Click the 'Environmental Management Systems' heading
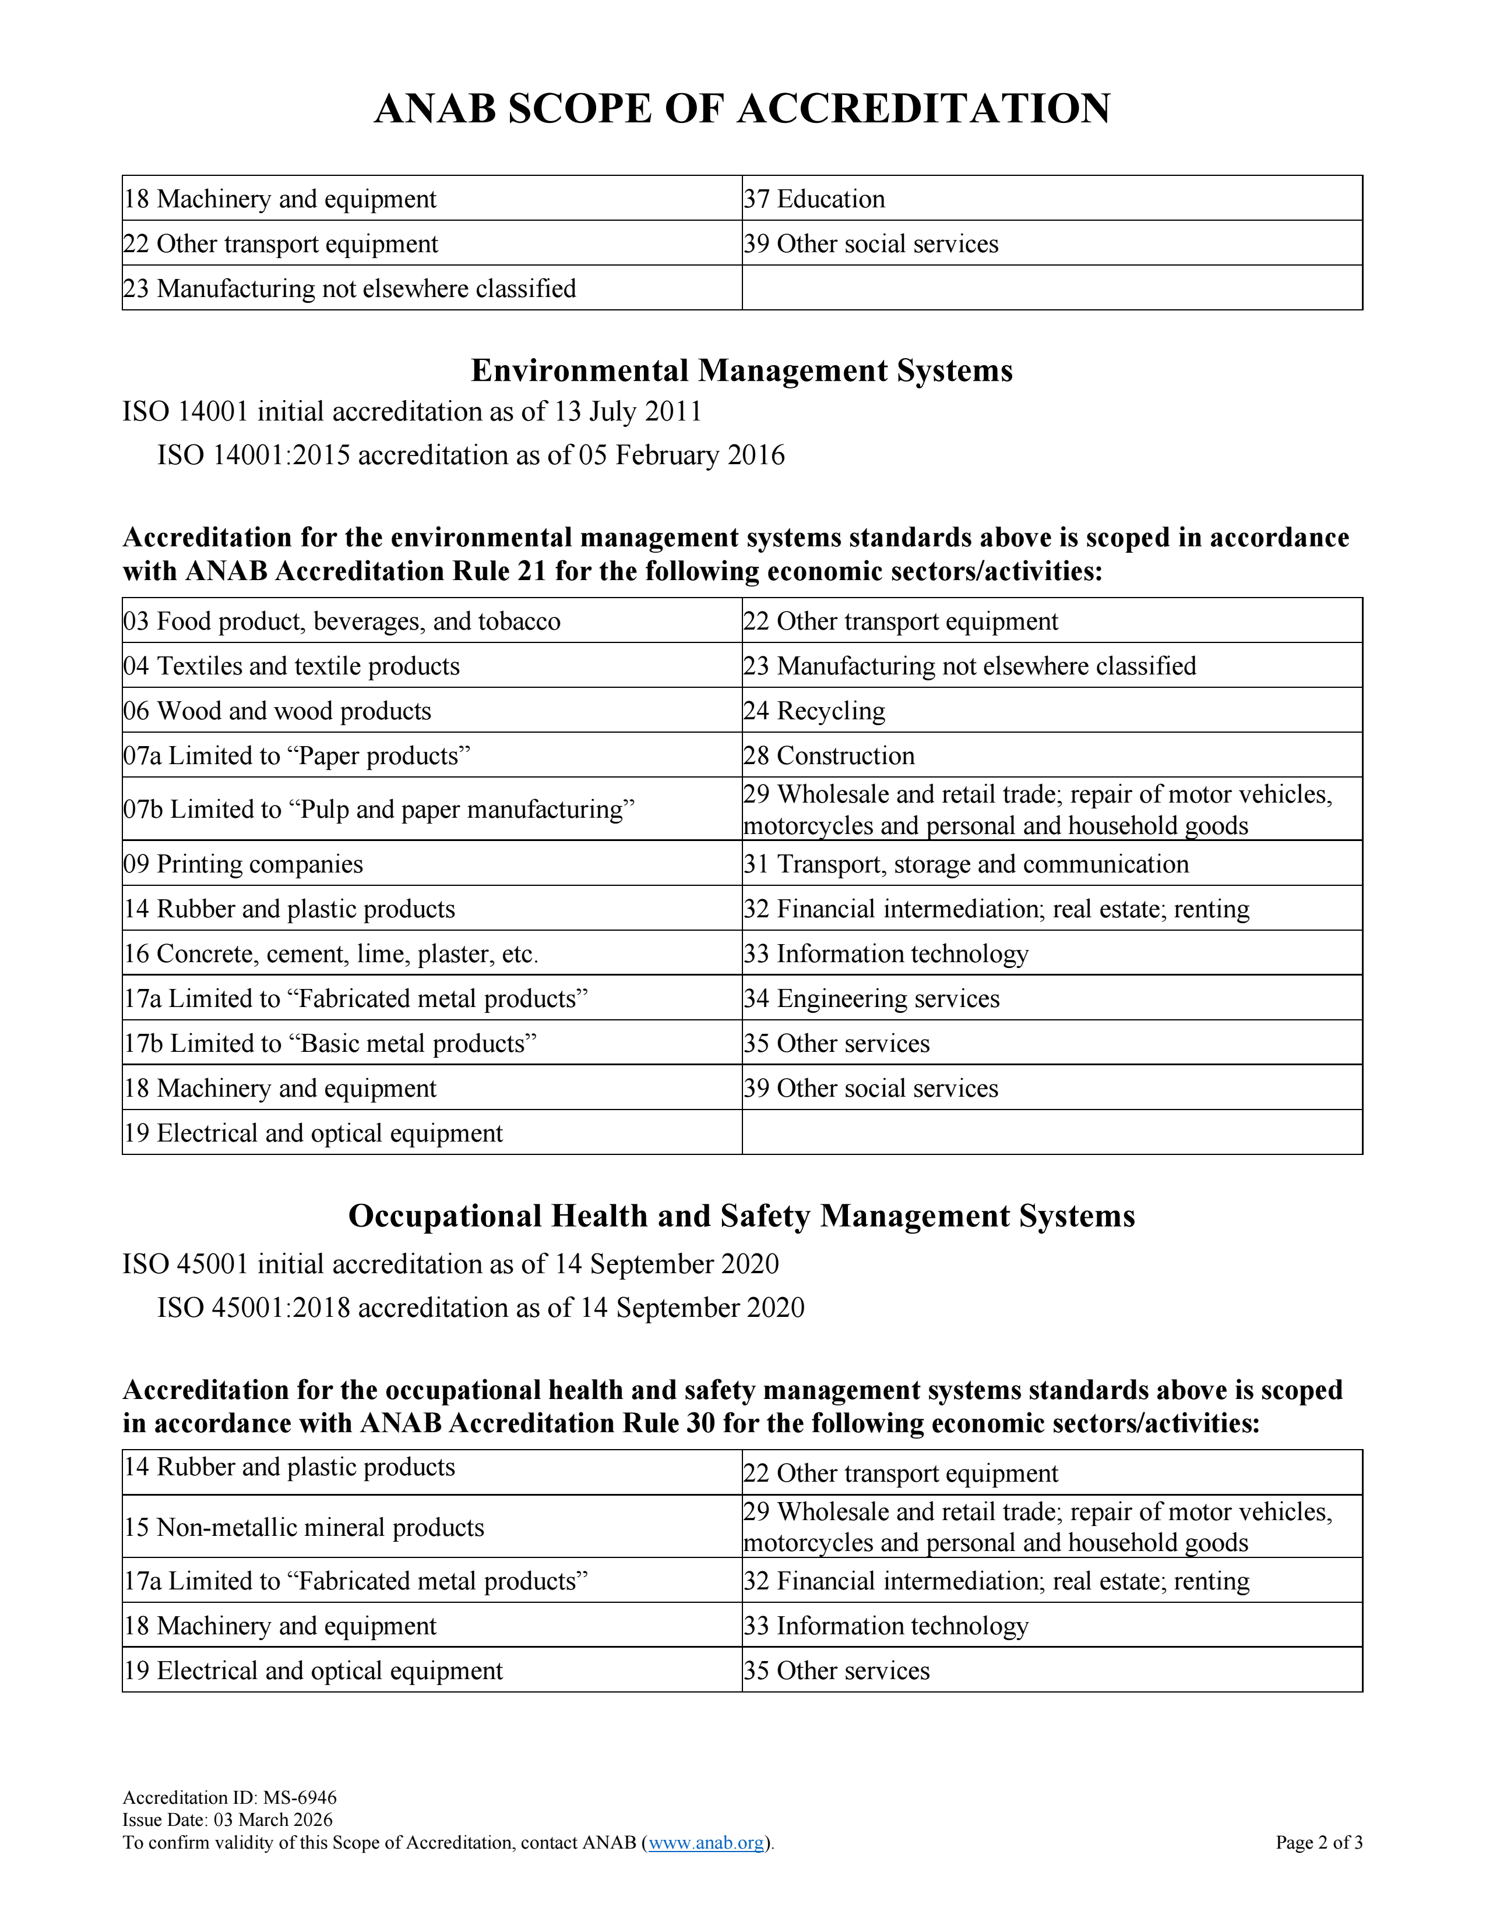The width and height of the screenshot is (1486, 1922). (x=742, y=370)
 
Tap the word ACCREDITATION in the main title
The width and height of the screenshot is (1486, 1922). (x=924, y=109)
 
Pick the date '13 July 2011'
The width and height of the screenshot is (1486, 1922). (x=628, y=411)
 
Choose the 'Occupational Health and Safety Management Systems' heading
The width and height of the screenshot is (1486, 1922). (x=742, y=1216)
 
